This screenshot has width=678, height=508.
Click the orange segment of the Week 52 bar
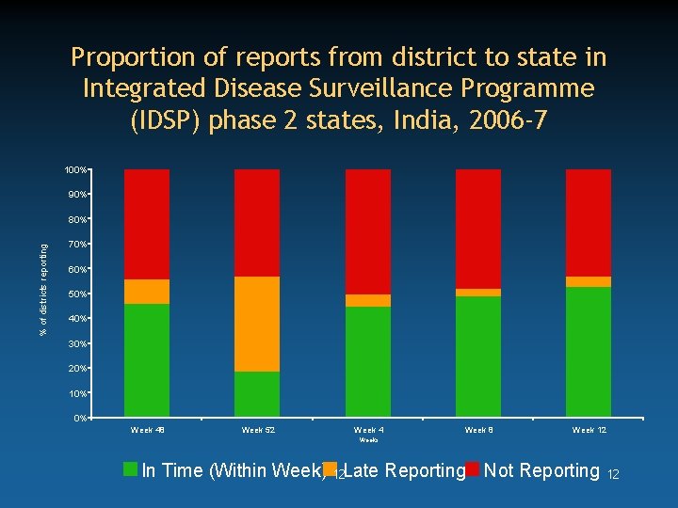pos(257,324)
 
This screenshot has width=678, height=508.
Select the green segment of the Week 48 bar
pos(147,360)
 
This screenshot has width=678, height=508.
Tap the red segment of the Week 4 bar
pos(367,231)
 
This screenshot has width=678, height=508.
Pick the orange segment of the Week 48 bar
pos(147,292)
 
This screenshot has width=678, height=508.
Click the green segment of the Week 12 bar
pos(589,352)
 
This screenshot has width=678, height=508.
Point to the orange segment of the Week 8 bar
pos(477,293)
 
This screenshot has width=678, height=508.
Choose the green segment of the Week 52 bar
pos(257,394)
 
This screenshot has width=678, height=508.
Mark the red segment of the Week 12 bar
pos(589,223)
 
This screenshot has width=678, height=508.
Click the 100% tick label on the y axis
pos(75,170)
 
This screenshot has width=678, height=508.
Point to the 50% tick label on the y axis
pos(77,294)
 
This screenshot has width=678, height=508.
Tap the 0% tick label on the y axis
pos(80,418)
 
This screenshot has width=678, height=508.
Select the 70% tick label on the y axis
pos(77,245)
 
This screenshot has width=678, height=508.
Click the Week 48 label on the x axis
pos(147,430)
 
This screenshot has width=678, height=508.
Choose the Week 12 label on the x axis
pos(589,430)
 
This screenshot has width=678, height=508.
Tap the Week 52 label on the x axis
pos(257,430)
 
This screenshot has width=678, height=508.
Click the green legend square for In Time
pos(131,468)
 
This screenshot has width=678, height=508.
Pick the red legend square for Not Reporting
pos(473,468)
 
